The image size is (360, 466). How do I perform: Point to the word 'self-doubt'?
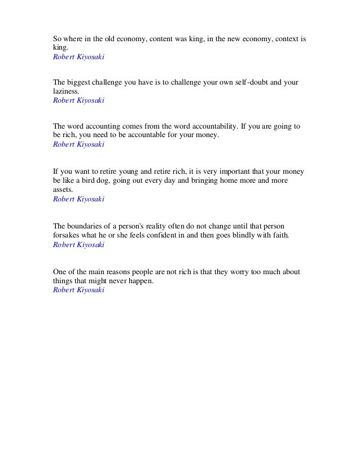pyautogui.click(x=255, y=82)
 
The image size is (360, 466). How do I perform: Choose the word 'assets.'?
pyautogui.click(x=63, y=189)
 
